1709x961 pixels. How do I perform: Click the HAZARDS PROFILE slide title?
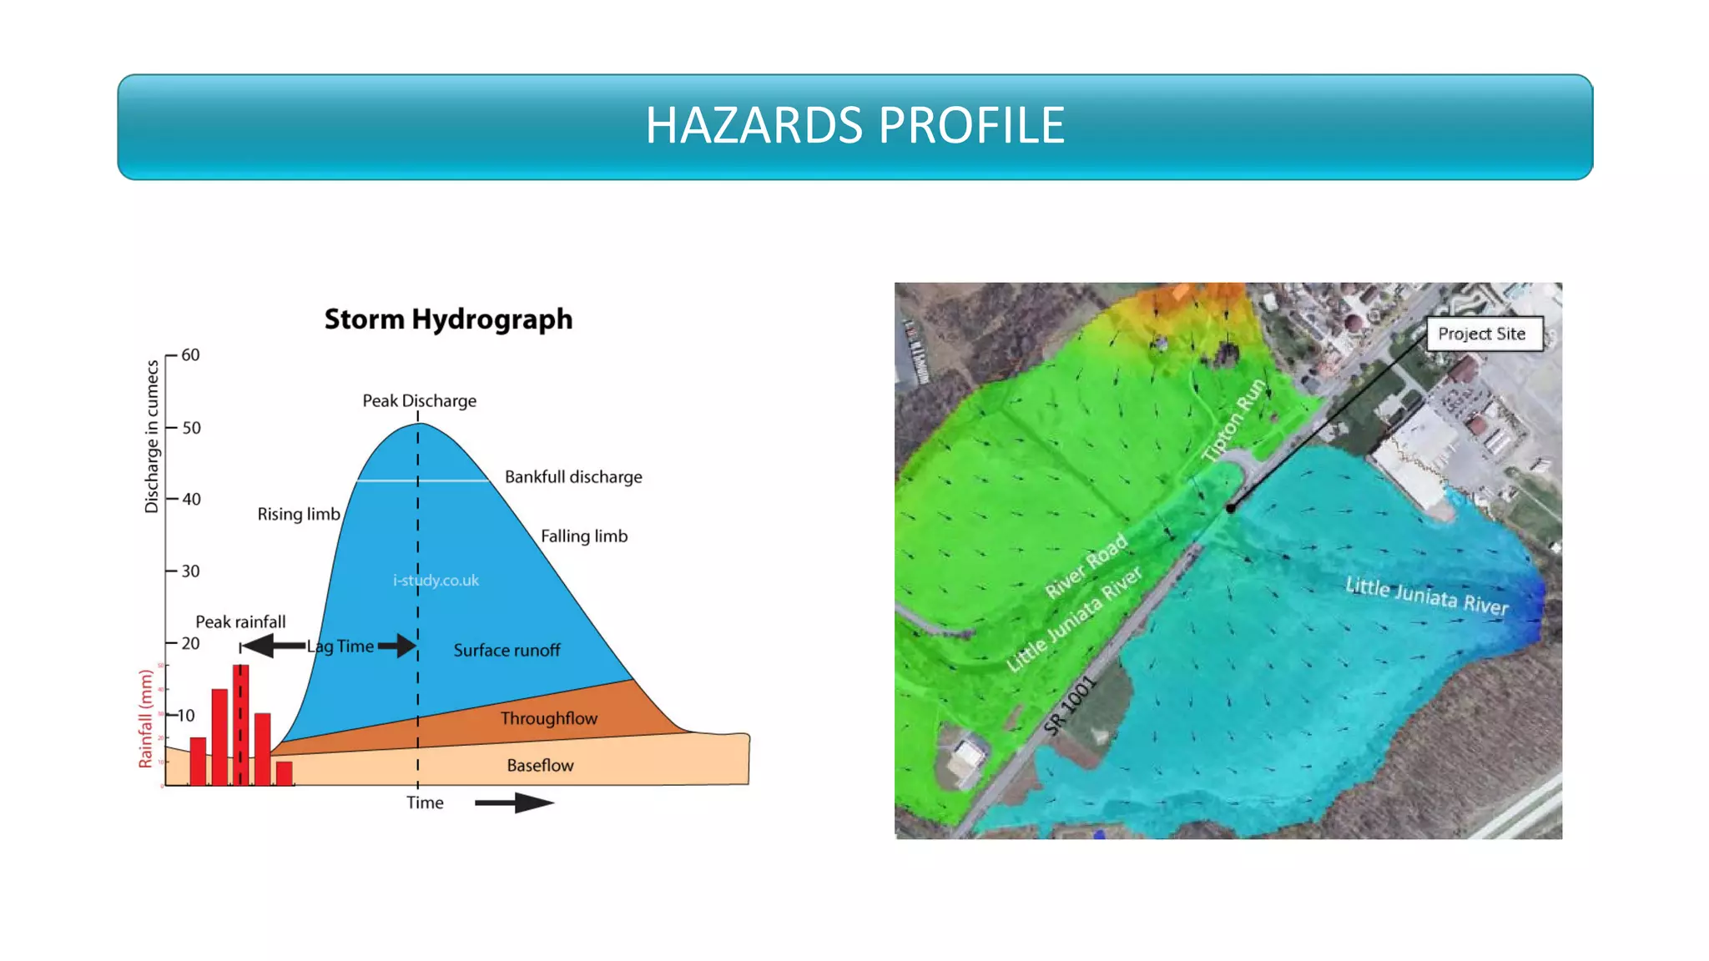point(854,126)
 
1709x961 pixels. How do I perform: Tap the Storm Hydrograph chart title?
point(448,319)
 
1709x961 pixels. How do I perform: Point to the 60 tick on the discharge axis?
point(190,355)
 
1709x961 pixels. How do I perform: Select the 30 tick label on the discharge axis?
point(190,571)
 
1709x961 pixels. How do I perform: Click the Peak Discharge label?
point(419,401)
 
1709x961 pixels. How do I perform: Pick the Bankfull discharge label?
point(573,477)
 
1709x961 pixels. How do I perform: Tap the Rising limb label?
point(298,515)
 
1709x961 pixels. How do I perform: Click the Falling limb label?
point(583,536)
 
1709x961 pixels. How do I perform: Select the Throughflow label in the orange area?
point(548,718)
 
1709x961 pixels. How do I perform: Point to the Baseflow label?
point(540,766)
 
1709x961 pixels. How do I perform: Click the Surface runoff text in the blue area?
point(507,651)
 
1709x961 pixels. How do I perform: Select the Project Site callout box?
point(1481,334)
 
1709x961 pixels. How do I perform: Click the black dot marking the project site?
point(1231,508)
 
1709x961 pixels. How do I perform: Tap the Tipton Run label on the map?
point(1234,420)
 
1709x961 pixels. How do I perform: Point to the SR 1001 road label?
point(1069,706)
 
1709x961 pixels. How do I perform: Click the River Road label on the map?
point(1086,566)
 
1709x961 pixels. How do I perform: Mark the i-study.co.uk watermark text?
point(436,581)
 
